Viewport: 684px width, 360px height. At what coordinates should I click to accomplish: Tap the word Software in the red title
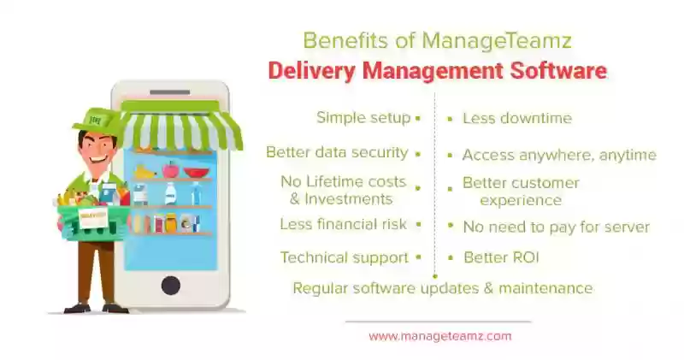(x=558, y=71)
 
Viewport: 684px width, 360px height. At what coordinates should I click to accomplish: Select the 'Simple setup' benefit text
(x=363, y=118)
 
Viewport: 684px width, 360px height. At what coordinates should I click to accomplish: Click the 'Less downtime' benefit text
(x=517, y=118)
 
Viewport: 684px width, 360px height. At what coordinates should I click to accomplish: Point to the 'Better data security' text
(x=337, y=153)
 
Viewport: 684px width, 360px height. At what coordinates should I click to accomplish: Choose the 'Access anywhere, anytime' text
(x=559, y=156)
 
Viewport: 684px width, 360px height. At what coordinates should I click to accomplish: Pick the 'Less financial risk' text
(x=344, y=224)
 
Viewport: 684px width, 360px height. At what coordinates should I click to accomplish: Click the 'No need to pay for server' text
(x=557, y=227)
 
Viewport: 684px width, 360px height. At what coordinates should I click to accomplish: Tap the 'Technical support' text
(x=345, y=257)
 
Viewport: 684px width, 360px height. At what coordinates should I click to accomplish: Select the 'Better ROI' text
(x=501, y=257)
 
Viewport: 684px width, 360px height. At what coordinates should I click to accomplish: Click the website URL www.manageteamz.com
(x=439, y=336)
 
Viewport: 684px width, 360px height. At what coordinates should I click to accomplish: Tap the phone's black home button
(x=170, y=286)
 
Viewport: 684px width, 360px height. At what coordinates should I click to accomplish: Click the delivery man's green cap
(x=95, y=120)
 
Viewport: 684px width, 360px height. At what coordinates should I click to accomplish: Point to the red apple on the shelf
(x=170, y=169)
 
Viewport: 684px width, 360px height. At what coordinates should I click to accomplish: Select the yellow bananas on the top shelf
(x=144, y=172)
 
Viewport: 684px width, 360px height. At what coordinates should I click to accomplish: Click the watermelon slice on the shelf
(x=197, y=173)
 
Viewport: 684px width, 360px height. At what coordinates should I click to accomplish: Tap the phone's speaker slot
(x=169, y=92)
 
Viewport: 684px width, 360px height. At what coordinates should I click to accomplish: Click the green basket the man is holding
(x=92, y=222)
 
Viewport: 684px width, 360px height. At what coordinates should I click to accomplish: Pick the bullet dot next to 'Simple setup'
(x=418, y=118)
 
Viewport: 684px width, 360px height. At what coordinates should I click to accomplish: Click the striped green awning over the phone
(x=181, y=126)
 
